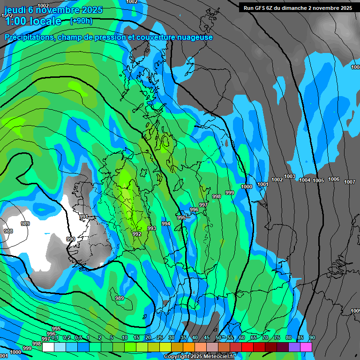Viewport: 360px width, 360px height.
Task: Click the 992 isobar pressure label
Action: coord(137,234)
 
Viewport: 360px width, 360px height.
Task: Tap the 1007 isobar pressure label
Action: coord(350,182)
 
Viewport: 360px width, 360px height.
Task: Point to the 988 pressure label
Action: coord(8,231)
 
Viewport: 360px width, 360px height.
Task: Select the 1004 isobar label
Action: coord(305,180)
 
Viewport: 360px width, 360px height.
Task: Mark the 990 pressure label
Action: coord(71,239)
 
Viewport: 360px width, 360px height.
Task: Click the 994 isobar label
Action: coord(166,224)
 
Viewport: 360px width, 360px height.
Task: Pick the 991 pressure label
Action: coord(84,217)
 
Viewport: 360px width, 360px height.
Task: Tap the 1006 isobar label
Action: coord(334,179)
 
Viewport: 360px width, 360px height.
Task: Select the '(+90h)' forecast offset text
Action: coord(81,21)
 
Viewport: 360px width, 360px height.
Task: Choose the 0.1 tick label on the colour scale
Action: coord(55,338)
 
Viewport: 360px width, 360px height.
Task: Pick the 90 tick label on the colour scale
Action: coord(312,338)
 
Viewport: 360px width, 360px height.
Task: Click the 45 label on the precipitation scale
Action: coord(207,338)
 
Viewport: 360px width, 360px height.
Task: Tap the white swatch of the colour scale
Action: coord(48,347)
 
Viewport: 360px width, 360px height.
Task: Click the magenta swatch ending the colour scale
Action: coord(306,347)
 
